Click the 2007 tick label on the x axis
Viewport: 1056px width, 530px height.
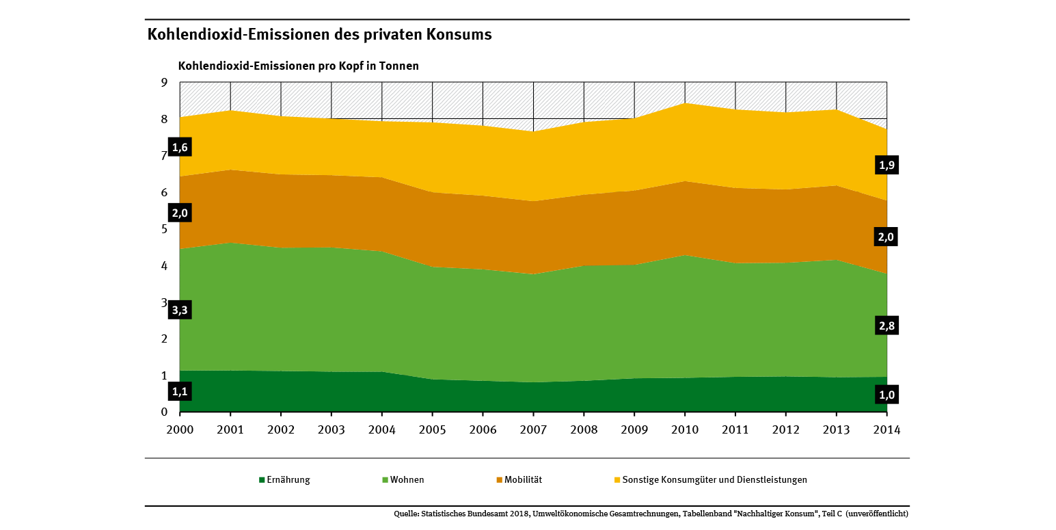click(533, 429)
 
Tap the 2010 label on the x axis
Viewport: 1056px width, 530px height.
click(685, 429)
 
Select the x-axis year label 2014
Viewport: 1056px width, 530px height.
click(886, 429)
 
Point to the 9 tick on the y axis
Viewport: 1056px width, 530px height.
click(164, 83)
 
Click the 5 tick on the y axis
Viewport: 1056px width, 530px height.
click(164, 229)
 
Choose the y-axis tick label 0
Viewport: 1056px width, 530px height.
click(164, 412)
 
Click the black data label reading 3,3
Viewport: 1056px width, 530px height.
click(180, 310)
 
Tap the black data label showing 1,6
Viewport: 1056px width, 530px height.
click(180, 147)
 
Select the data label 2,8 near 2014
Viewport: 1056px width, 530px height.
click(886, 326)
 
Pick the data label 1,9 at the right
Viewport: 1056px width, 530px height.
click(886, 165)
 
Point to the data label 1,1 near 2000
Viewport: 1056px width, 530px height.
click(180, 392)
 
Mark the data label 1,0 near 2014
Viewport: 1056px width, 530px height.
click(886, 395)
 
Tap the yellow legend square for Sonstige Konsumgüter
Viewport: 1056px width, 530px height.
click(617, 480)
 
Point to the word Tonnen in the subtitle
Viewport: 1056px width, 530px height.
click(399, 66)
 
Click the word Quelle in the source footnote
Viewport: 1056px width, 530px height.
click(406, 514)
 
